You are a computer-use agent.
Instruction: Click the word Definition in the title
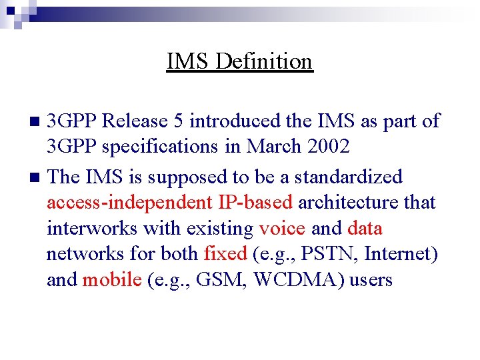[265, 61]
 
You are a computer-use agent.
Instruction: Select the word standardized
[349, 177]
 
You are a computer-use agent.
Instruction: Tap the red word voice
[282, 229]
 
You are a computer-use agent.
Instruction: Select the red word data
[365, 229]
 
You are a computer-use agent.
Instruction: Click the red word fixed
[225, 254]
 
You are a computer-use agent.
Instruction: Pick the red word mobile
[112, 279]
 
